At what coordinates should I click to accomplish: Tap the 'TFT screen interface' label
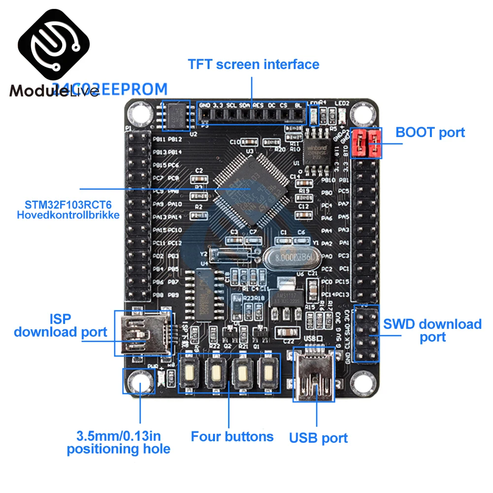[253, 64]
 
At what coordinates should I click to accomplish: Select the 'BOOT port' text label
[430, 132]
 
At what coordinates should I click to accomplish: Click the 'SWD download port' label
[432, 330]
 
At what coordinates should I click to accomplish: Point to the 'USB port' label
[318, 437]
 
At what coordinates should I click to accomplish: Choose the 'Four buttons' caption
[232, 436]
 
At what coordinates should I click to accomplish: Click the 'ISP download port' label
[60, 325]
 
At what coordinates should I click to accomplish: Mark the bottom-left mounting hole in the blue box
[139, 381]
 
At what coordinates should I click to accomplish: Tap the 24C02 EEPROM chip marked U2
[176, 115]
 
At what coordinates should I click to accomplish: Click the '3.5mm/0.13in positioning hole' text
[118, 442]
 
